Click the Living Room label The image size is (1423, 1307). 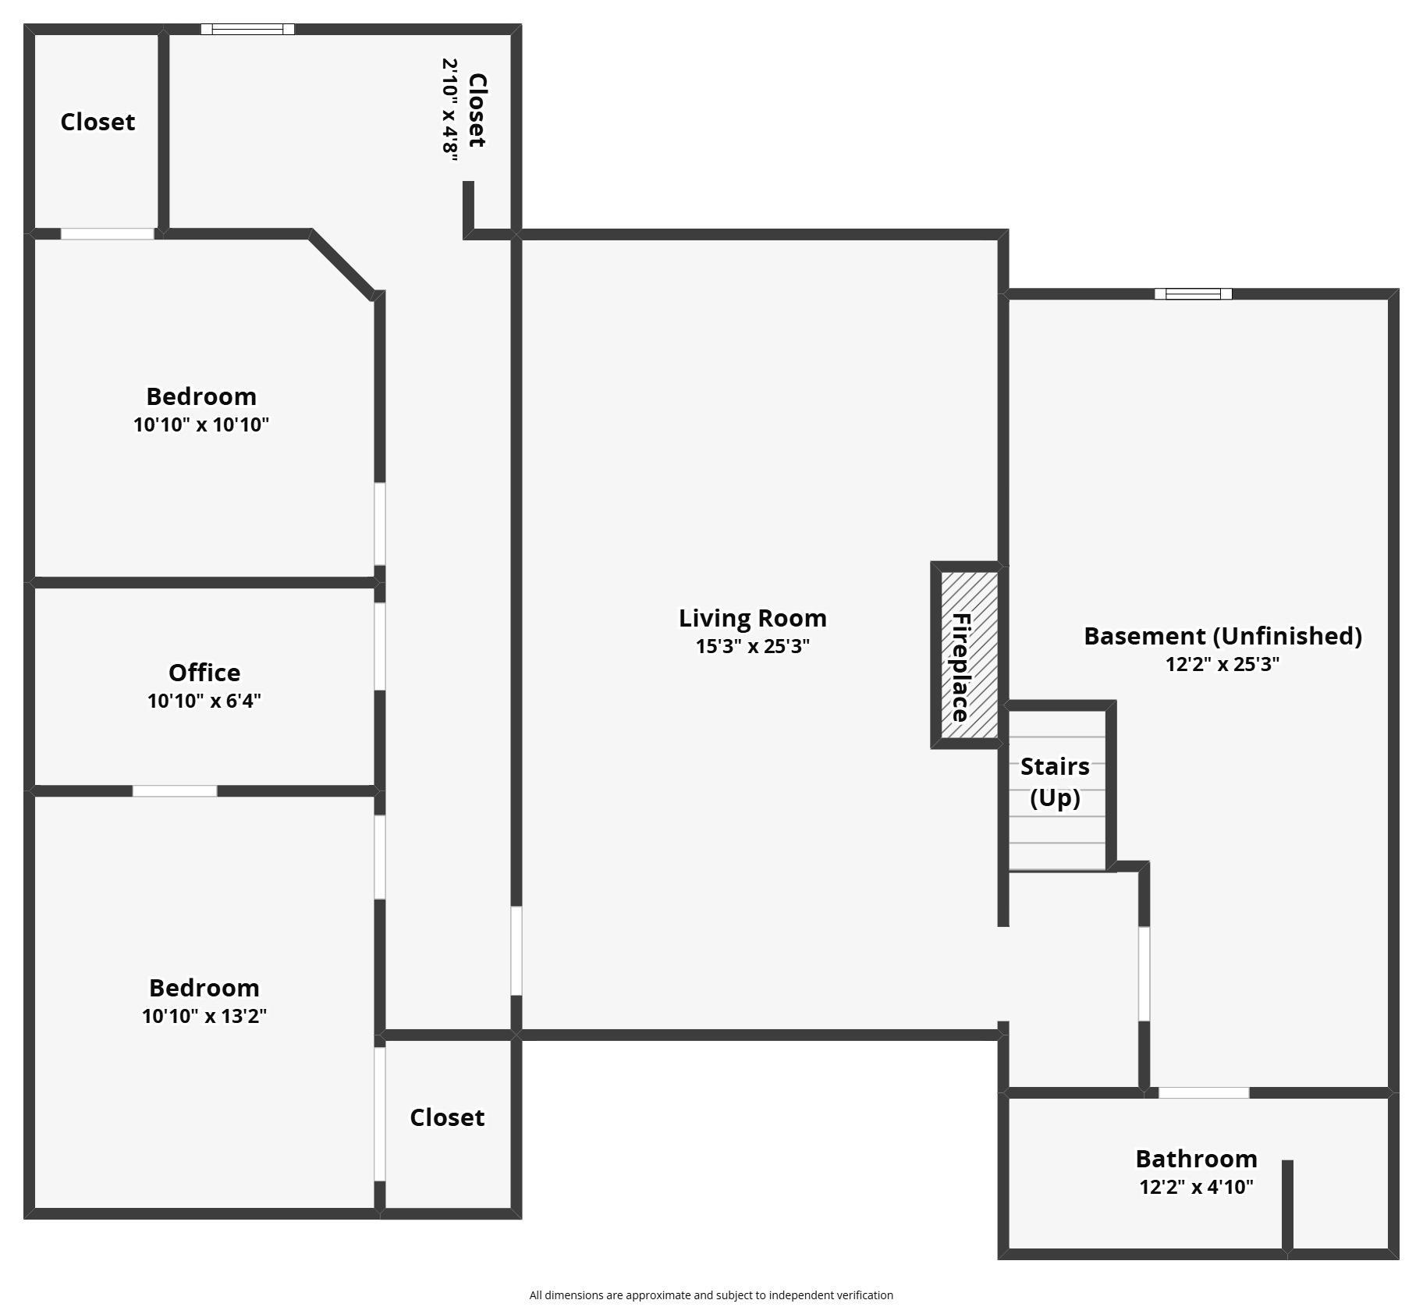(x=752, y=618)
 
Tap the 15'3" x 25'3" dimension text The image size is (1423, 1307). (x=752, y=646)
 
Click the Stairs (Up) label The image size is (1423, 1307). (x=1055, y=781)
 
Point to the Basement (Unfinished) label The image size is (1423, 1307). (x=1223, y=636)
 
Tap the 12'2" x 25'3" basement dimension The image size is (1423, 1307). (x=1223, y=664)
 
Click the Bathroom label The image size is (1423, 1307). (x=1196, y=1158)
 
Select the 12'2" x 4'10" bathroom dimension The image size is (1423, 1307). (x=1196, y=1187)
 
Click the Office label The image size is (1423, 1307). (x=204, y=673)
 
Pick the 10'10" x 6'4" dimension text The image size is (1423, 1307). (x=204, y=701)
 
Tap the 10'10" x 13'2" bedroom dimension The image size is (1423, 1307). (x=204, y=1016)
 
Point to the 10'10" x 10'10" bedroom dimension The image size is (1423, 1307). (x=201, y=424)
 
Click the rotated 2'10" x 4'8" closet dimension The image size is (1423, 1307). (x=450, y=109)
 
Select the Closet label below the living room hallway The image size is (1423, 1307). (x=447, y=1117)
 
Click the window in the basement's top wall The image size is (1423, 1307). (x=1193, y=294)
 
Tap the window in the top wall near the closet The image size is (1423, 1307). (x=247, y=30)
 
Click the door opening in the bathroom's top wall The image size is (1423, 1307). (x=1203, y=1092)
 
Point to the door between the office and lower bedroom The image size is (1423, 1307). (x=175, y=791)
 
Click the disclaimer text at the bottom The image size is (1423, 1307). (x=711, y=1295)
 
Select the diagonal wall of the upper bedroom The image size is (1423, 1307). (x=342, y=265)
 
